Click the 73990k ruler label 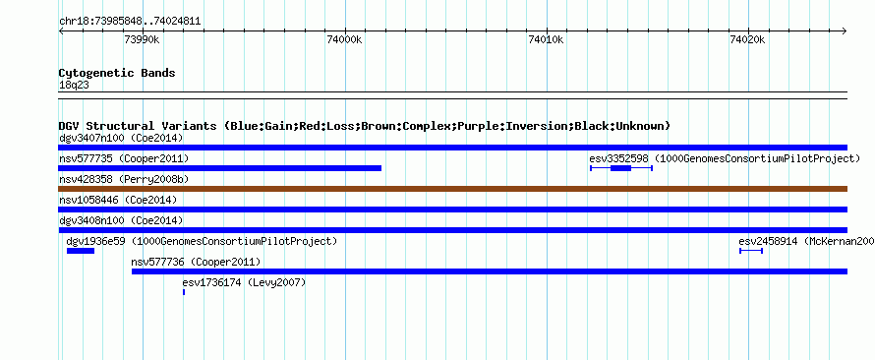pos(143,39)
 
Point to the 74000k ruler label pos(344,39)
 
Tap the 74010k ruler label pos(546,39)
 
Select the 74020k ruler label pos(747,39)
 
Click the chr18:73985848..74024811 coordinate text pos(130,22)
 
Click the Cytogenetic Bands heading pos(117,73)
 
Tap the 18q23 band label pos(74,86)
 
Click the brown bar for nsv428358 pos(452,189)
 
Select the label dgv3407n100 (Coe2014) pos(121,138)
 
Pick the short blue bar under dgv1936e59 pos(81,251)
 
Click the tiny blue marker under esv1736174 pos(184,292)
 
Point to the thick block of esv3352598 pos(620,168)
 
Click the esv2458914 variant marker pos(750,251)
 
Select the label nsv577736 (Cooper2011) pos(196,262)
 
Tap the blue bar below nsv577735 pos(220,168)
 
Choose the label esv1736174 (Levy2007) pos(245,282)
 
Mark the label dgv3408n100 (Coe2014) pos(121,220)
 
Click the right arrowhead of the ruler pos(845,30)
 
